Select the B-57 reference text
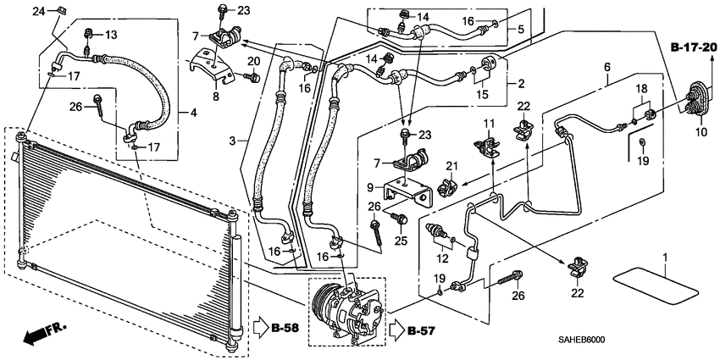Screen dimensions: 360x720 click(422, 330)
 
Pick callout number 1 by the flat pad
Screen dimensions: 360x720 click(665, 256)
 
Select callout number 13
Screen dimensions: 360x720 click(112, 34)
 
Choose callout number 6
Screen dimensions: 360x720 click(606, 67)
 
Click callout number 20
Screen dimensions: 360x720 click(253, 62)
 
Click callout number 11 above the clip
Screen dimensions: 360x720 click(488, 125)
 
